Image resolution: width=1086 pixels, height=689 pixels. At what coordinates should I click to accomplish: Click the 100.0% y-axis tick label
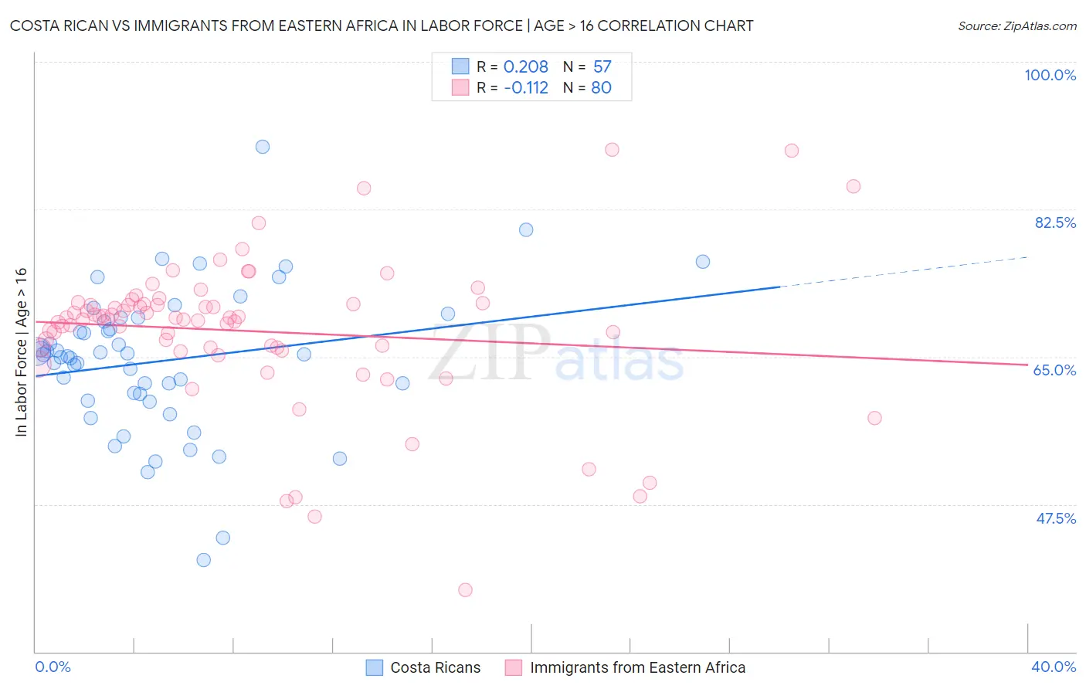click(x=1050, y=75)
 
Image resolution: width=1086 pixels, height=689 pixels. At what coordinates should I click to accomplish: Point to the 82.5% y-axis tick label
click(x=1055, y=222)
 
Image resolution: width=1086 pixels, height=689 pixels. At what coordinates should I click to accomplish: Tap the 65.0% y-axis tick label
click(x=1054, y=370)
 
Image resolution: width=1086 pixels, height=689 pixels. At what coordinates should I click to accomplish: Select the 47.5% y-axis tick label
click(x=1056, y=518)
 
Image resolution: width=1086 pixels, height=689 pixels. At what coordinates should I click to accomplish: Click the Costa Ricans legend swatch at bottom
click(x=375, y=668)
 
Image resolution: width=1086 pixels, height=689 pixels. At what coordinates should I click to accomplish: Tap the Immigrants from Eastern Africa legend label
click(x=637, y=668)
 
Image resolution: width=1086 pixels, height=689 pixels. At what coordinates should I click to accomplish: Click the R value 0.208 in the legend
click(x=525, y=67)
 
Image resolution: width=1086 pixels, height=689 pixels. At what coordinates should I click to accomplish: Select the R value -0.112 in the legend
click(x=525, y=88)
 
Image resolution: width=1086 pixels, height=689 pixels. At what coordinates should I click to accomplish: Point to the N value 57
click(x=602, y=67)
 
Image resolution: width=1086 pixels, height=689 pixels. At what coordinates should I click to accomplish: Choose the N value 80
click(x=601, y=88)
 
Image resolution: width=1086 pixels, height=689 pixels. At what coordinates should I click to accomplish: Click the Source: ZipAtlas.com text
click(x=1016, y=26)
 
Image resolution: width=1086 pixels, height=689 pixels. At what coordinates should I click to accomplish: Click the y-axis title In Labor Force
click(x=22, y=352)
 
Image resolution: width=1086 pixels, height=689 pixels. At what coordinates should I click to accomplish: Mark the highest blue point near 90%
click(x=263, y=147)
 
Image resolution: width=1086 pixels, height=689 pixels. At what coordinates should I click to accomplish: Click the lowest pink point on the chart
click(x=465, y=590)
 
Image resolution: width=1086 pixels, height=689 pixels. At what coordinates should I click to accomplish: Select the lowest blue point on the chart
click(x=204, y=560)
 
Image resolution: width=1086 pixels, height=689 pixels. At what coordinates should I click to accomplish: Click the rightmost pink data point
click(x=874, y=418)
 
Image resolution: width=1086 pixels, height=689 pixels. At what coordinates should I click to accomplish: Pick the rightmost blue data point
click(x=703, y=262)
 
